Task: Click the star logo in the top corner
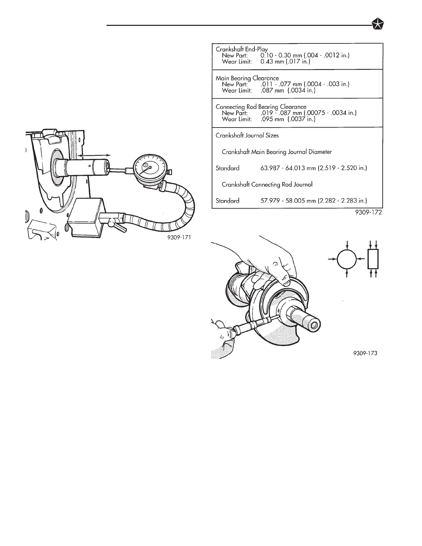click(379, 25)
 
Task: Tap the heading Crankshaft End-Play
click(242, 49)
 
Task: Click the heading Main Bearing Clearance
click(247, 78)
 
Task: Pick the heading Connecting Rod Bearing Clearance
click(261, 107)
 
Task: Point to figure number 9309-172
click(369, 213)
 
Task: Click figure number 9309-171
click(178, 237)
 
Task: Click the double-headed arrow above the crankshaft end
click(94, 156)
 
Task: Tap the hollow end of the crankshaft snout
click(313, 325)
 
